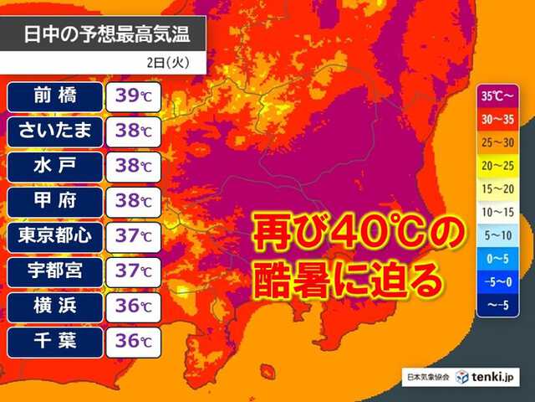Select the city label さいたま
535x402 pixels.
[56, 130]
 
